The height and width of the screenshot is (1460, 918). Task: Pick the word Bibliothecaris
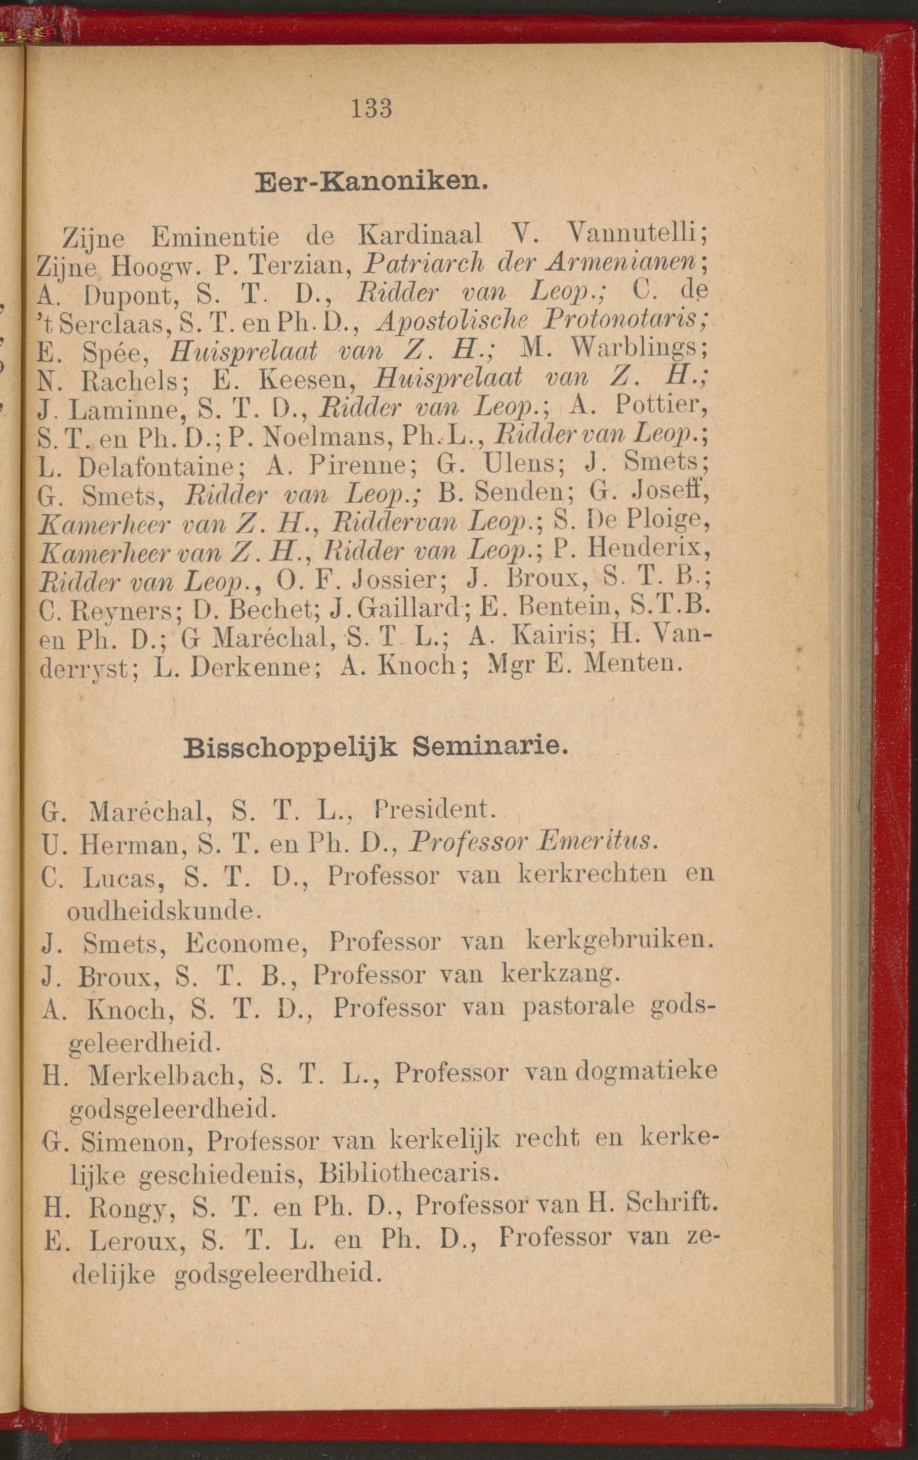408,1174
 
